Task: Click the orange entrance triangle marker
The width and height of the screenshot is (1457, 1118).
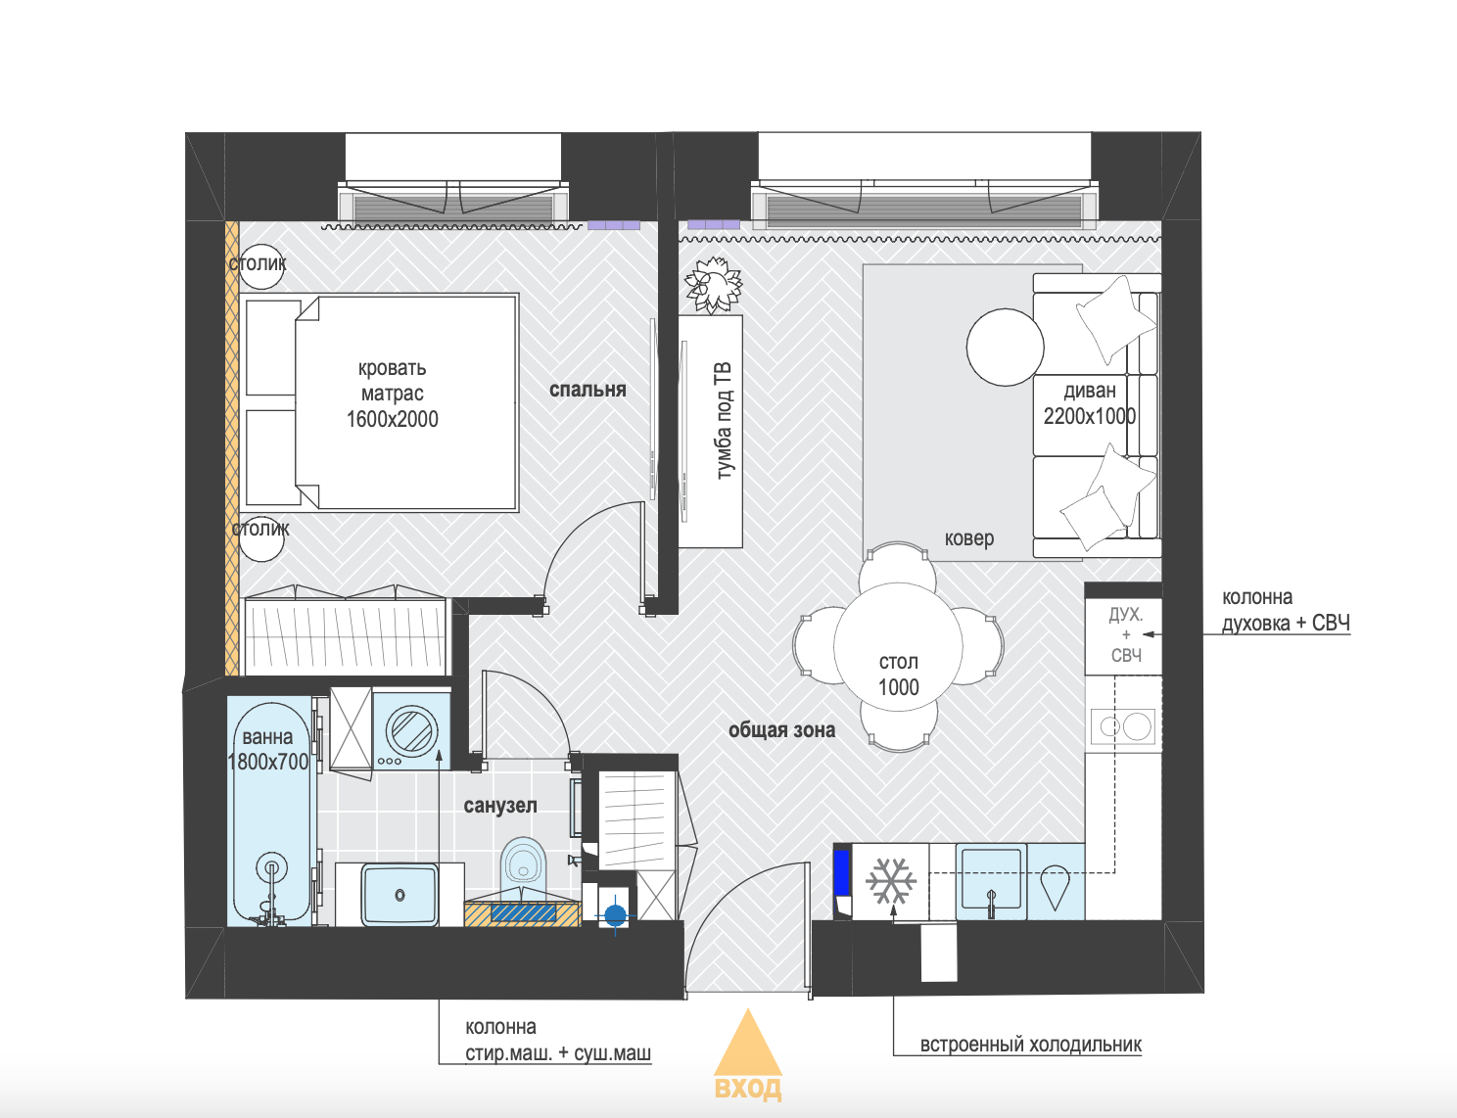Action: (x=748, y=1045)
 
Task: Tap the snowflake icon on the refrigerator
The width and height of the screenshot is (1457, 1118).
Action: (x=891, y=881)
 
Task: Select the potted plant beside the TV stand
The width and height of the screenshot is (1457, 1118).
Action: (x=714, y=284)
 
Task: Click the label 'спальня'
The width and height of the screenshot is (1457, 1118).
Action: (x=587, y=390)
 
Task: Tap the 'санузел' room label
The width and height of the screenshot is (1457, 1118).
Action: (x=500, y=805)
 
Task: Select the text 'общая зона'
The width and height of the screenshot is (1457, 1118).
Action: (x=781, y=729)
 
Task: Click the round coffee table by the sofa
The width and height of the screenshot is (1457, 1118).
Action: (x=1005, y=347)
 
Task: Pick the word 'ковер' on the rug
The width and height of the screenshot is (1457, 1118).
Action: (x=968, y=538)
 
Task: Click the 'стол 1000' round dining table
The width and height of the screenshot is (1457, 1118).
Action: (x=899, y=647)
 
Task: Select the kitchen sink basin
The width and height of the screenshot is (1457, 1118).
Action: (x=991, y=881)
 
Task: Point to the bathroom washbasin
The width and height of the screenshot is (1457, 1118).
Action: (x=399, y=894)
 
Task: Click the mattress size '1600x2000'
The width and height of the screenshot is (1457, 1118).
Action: (x=393, y=420)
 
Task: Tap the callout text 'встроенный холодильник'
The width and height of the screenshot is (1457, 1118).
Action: (x=1030, y=1045)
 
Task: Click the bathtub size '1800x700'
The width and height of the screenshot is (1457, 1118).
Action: (x=267, y=762)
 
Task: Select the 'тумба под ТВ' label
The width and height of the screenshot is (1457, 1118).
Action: (x=724, y=420)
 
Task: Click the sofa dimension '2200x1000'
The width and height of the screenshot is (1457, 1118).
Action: (x=1090, y=416)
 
